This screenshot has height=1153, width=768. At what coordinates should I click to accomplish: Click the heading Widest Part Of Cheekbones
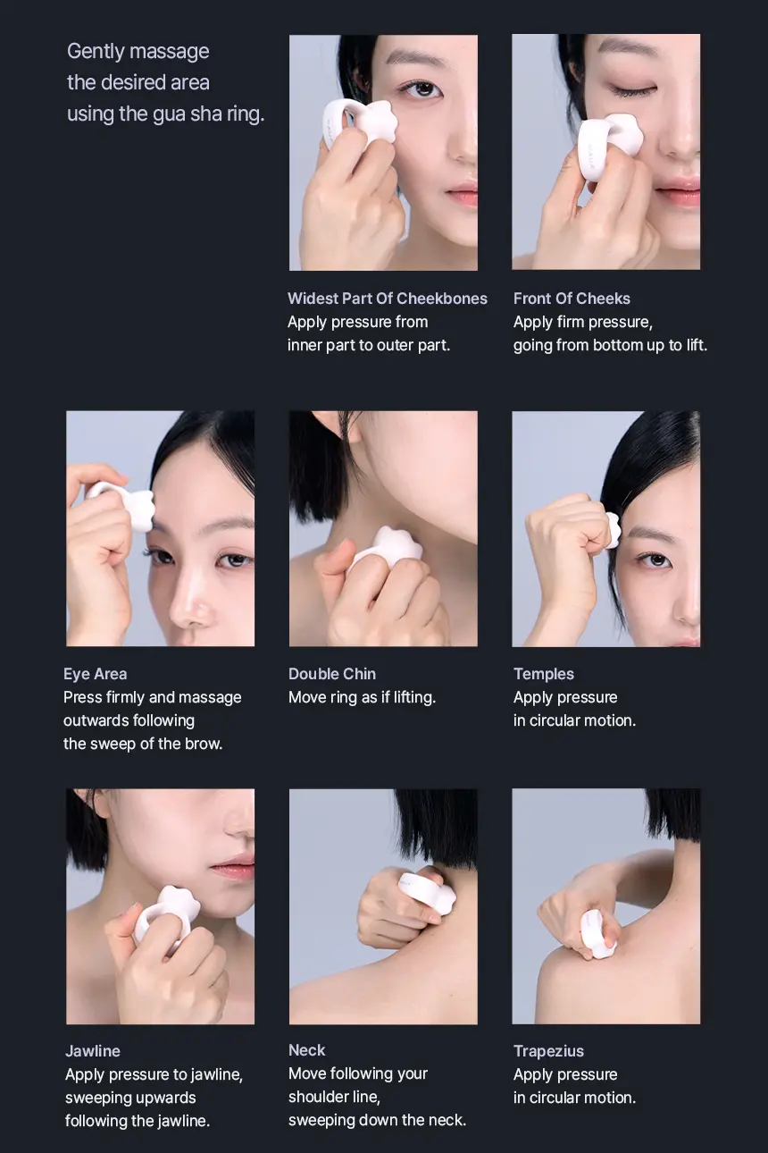coord(388,299)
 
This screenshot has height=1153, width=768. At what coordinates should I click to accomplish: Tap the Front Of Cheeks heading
coord(572,299)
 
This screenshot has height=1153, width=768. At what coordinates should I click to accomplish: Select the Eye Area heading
coord(96,674)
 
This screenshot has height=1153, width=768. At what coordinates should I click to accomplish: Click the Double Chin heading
coord(332,674)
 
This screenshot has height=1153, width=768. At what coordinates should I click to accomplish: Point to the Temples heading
coord(544,674)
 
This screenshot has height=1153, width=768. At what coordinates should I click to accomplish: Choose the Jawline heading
coord(93,1051)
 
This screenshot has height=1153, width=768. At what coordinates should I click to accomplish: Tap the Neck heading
coord(307,1050)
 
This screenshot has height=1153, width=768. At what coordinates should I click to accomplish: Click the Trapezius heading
coord(548,1051)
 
